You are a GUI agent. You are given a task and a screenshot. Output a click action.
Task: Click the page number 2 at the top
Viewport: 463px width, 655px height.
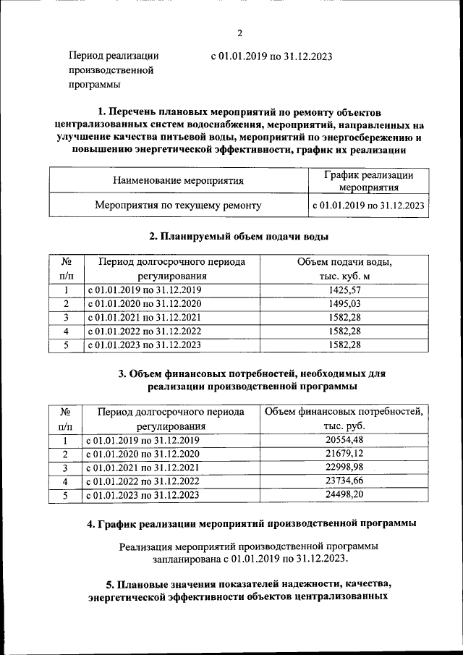239,32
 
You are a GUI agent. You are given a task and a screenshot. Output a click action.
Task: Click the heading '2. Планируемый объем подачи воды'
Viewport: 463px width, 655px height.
239,237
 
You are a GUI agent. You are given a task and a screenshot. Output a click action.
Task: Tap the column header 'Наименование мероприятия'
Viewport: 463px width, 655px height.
178,180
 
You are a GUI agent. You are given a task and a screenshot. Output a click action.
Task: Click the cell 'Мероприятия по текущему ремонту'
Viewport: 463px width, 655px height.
178,206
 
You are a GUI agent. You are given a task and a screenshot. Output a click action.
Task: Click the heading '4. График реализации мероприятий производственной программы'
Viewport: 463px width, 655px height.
250,523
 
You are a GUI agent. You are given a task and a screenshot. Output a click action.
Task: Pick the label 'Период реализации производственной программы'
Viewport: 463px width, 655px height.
113,70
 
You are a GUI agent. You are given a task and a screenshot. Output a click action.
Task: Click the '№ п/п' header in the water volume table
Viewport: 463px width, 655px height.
66,269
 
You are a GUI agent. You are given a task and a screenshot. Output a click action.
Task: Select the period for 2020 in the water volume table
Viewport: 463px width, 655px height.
144,304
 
